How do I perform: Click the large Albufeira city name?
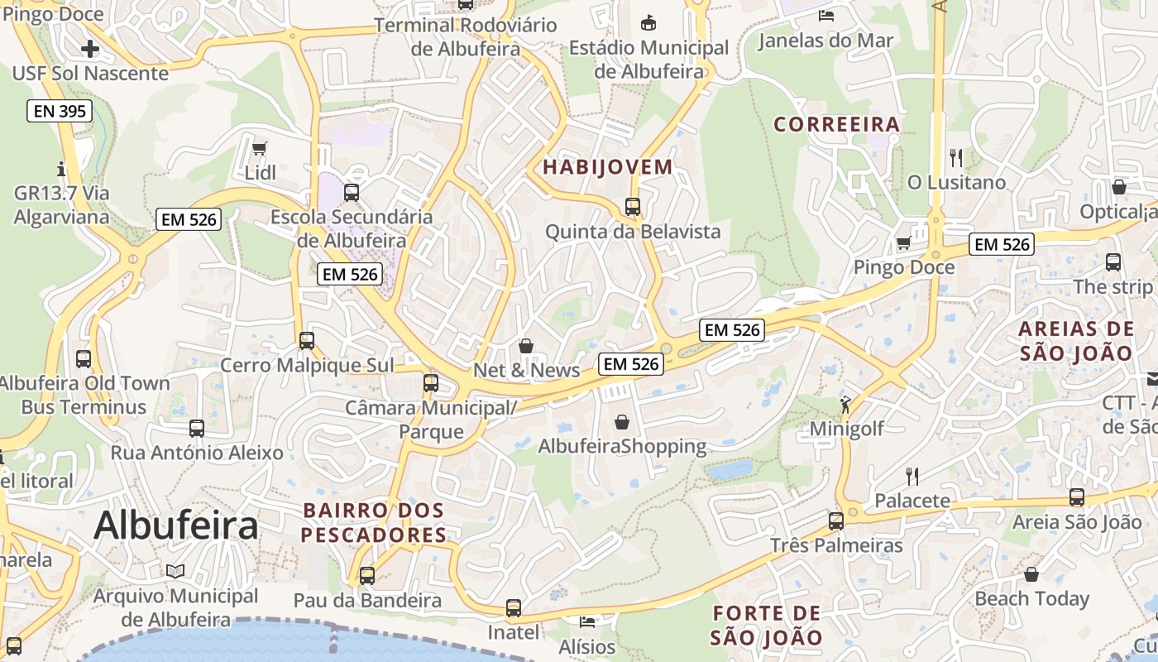(176, 525)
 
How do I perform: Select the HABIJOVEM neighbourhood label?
(608, 167)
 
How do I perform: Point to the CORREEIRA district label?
(836, 125)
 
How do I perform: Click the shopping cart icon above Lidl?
(260, 148)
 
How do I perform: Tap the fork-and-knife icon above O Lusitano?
(956, 156)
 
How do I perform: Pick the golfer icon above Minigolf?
(845, 405)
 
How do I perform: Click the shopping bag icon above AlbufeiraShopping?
(622, 422)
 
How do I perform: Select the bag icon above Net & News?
(526, 345)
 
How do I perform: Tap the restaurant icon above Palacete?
(912, 476)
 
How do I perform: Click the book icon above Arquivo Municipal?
(175, 571)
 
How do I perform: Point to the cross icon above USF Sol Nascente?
(89, 49)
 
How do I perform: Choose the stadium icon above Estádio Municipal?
(649, 22)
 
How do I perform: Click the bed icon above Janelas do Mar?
(825, 15)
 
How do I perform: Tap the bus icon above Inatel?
(514, 608)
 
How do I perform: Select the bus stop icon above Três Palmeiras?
(836, 520)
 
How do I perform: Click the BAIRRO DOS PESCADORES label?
(374, 523)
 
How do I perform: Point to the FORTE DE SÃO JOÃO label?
(767, 626)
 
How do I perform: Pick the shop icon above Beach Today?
(1031, 573)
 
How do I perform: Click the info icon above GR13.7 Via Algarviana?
(61, 169)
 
